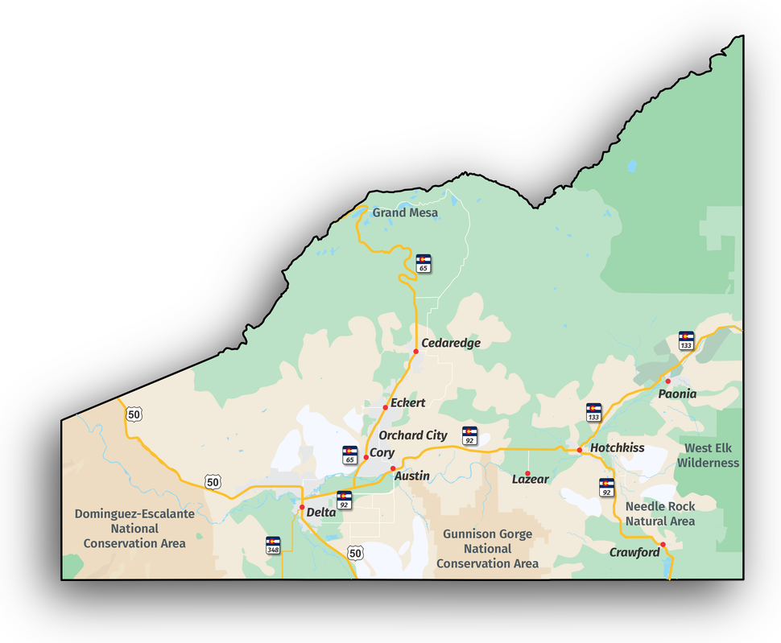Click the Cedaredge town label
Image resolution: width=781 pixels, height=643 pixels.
pyautogui.click(x=451, y=343)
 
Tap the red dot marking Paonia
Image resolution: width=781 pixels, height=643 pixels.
pyautogui.click(x=667, y=381)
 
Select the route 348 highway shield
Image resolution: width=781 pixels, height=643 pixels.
pyautogui.click(x=273, y=545)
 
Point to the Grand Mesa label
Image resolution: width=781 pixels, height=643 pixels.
pyautogui.click(x=405, y=212)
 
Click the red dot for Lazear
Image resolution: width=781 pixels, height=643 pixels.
pyautogui.click(x=528, y=473)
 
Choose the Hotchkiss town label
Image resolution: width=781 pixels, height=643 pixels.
pyautogui.click(x=617, y=447)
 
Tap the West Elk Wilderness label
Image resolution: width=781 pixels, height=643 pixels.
pyautogui.click(x=708, y=455)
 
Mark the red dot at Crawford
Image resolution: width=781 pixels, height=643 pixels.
pyautogui.click(x=663, y=545)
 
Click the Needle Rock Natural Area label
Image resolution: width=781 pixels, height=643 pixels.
pyautogui.click(x=660, y=513)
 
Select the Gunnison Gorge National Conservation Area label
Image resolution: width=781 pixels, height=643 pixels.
pyautogui.click(x=487, y=549)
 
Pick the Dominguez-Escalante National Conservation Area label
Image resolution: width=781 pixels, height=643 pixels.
pyautogui.click(x=134, y=528)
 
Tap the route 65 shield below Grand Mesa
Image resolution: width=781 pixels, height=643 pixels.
pyautogui.click(x=424, y=263)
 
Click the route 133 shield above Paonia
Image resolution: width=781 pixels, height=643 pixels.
pyautogui.click(x=686, y=340)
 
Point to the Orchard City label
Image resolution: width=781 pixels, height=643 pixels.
pyautogui.click(x=413, y=435)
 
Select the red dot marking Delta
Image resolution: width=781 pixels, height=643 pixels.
pyautogui.click(x=302, y=507)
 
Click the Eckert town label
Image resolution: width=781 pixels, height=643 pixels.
pyautogui.click(x=407, y=402)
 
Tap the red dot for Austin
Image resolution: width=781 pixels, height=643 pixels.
pyautogui.click(x=393, y=468)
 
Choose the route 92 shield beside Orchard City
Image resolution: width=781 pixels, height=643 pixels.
pyautogui.click(x=469, y=435)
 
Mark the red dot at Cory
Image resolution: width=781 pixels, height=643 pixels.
pyautogui.click(x=366, y=457)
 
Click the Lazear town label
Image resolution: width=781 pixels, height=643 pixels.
pyautogui.click(x=531, y=479)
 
